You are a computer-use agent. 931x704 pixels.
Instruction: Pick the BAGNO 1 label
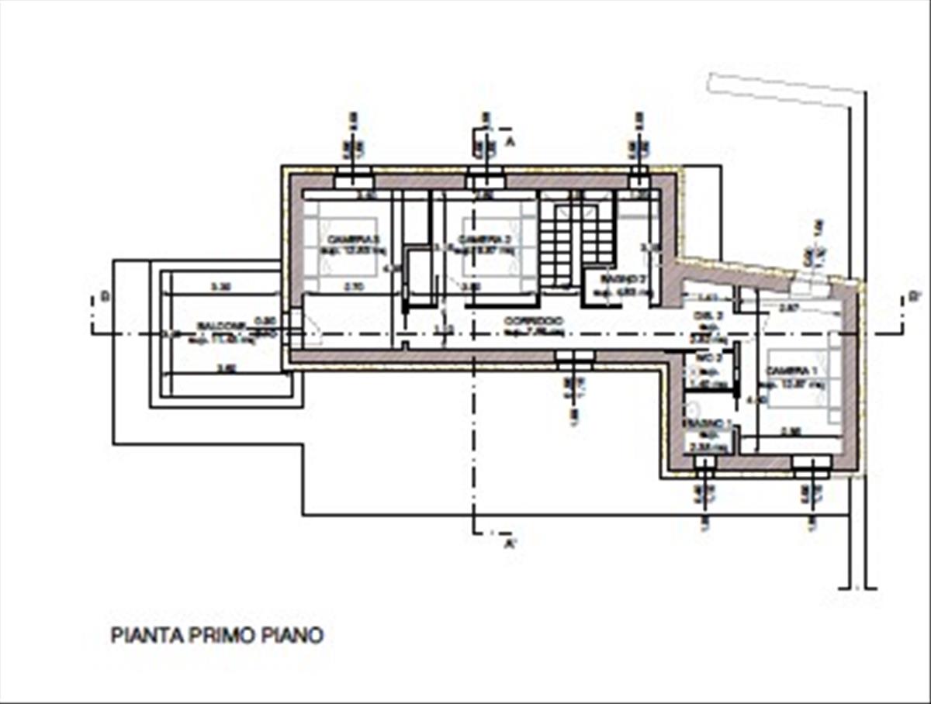click(706, 423)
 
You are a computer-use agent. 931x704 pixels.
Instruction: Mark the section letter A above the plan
click(510, 142)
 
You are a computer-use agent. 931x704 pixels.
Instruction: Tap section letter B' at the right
click(915, 296)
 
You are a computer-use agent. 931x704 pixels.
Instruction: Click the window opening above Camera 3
click(353, 180)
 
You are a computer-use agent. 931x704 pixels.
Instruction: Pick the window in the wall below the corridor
click(574, 358)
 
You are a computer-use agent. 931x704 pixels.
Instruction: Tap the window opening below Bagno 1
click(704, 464)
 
